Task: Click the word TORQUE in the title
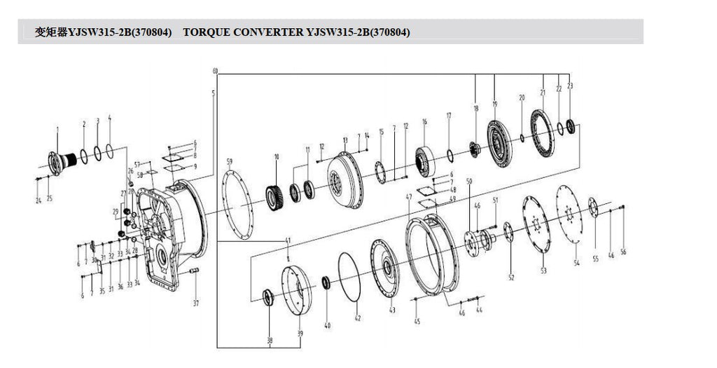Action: pos(209,32)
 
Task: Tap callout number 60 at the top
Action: pos(215,71)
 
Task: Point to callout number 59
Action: pos(229,162)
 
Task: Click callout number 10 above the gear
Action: pos(277,156)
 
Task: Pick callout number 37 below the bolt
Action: pos(196,304)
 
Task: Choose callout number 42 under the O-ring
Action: pos(357,319)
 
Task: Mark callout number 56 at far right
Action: pos(623,252)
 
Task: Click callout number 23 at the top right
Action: pos(571,86)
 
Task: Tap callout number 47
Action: pos(408,198)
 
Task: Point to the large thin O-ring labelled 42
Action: pos(350,277)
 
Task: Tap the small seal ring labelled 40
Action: pos(326,282)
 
